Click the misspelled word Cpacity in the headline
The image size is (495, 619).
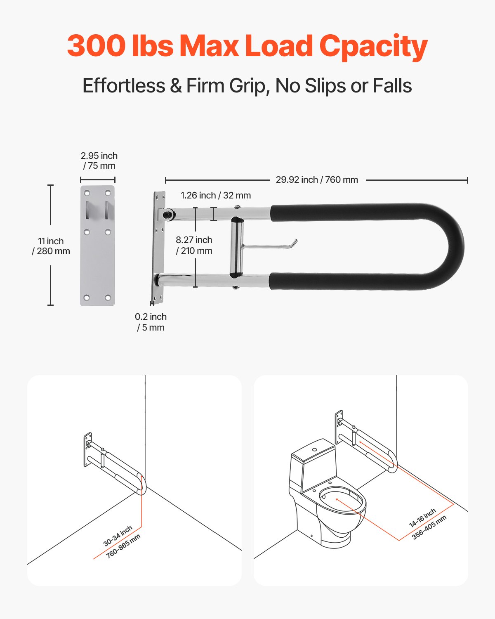click(x=373, y=46)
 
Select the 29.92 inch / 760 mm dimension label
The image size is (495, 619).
click(x=317, y=180)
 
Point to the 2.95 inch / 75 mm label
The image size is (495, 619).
click(x=99, y=161)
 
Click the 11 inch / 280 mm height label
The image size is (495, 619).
click(x=51, y=246)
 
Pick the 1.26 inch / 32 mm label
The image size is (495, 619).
click(x=215, y=196)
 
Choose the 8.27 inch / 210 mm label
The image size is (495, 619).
click(x=194, y=245)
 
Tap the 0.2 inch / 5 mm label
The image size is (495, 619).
click(x=151, y=322)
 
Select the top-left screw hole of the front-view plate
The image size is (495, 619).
click(x=87, y=193)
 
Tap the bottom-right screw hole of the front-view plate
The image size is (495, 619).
click(x=108, y=298)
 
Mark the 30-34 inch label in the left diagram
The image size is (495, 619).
click(x=118, y=536)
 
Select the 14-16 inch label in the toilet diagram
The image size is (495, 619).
click(x=422, y=518)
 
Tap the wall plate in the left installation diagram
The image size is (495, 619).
click(x=87, y=450)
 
